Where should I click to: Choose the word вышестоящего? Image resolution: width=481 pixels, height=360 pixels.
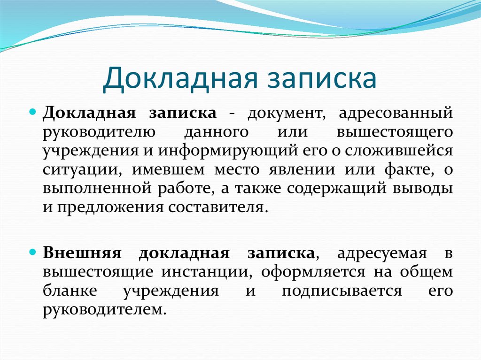coord(395,132)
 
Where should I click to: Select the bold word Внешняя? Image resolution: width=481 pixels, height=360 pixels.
coord(82,253)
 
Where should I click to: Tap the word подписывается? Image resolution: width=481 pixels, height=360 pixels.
coord(341,290)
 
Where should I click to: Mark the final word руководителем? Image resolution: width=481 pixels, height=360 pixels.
coord(104,309)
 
